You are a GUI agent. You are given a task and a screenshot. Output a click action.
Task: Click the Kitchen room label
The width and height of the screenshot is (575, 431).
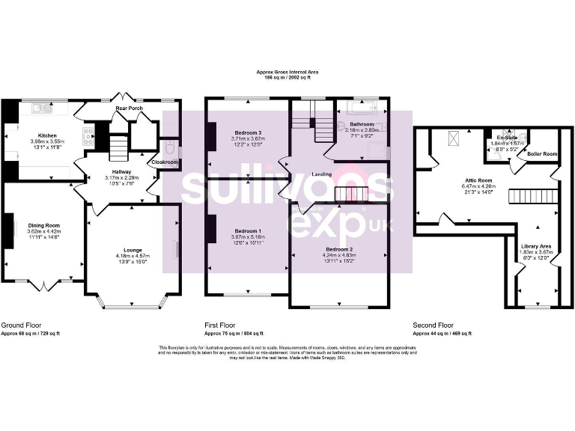click(48, 135)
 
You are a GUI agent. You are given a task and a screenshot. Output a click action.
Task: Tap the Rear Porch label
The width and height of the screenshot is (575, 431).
click(129, 108)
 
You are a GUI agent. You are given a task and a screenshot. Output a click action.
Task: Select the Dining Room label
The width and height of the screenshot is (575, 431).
click(43, 225)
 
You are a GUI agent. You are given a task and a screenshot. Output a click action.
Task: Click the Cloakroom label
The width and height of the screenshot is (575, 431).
click(165, 162)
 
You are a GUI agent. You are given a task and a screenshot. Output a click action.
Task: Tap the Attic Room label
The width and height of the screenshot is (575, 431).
click(479, 180)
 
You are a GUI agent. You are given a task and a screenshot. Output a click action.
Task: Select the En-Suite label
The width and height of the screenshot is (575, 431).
click(507, 138)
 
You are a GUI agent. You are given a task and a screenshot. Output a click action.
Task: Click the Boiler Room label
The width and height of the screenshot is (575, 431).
click(542, 153)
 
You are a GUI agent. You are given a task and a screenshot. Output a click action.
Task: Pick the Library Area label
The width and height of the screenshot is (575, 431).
click(535, 245)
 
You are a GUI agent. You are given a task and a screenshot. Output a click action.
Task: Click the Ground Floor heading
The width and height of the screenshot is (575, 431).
click(21, 325)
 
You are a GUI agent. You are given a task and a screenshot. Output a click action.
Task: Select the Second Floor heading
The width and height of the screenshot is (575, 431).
click(433, 325)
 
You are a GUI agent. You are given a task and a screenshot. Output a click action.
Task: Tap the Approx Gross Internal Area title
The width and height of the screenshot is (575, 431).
click(287, 73)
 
